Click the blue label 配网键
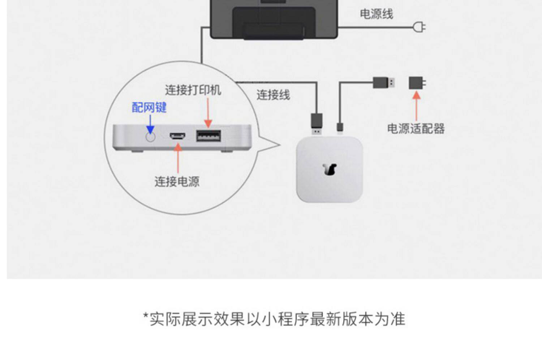[149, 107]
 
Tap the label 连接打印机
[193, 90]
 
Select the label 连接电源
[177, 181]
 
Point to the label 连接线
[273, 95]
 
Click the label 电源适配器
[416, 129]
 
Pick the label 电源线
[376, 14]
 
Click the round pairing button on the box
[150, 137]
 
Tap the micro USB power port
[177, 136]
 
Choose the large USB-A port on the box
[208, 136]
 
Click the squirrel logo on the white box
[330, 169]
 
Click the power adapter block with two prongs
[417, 83]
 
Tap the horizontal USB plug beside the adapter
[383, 83]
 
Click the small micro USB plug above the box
[340, 127]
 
